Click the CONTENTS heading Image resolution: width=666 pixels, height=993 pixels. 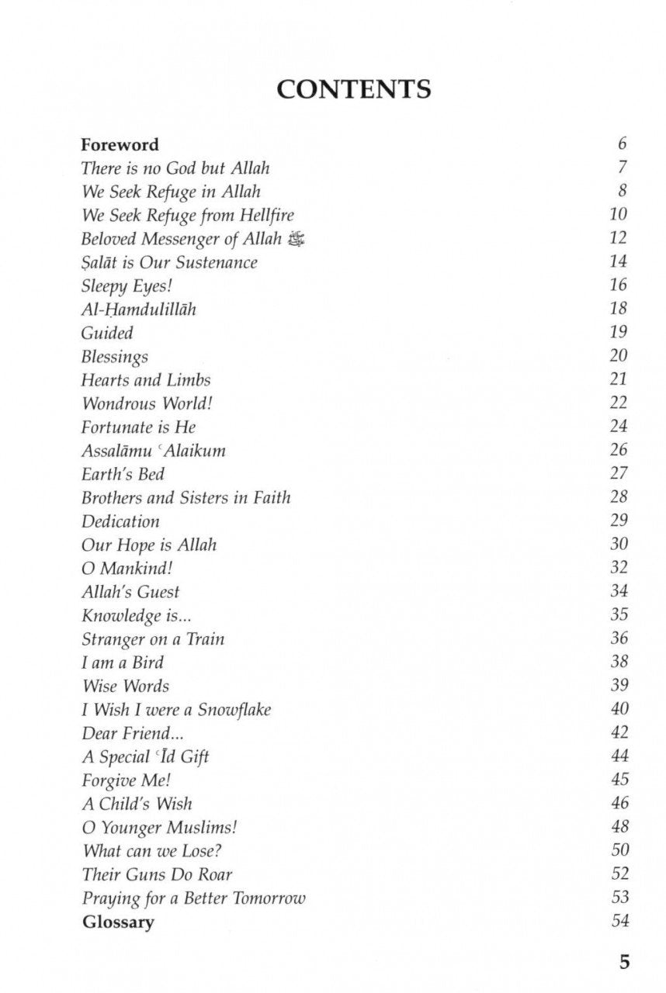click(353, 89)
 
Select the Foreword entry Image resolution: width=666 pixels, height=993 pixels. click(120, 144)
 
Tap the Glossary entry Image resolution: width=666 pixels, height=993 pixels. click(118, 922)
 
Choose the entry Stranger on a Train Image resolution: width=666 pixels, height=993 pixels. click(153, 639)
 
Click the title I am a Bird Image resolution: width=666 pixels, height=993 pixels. click(123, 663)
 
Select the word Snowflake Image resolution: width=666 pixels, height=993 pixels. click(234, 710)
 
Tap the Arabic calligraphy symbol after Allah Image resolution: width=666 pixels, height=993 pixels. click(296, 239)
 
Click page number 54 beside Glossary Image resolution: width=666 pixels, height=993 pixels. click(619, 921)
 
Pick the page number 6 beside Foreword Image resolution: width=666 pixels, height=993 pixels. click(623, 144)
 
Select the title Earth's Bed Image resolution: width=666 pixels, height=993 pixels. click(123, 474)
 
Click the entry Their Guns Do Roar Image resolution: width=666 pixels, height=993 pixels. click(157, 874)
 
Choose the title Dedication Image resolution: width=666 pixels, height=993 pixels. click(120, 521)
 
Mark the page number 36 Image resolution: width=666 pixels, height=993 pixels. click(619, 638)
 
